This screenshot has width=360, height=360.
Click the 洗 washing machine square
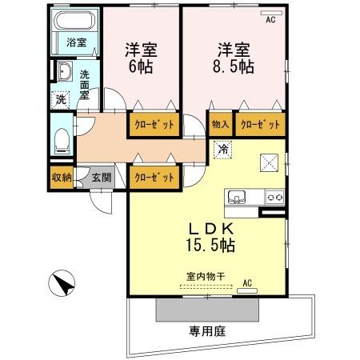pyautogui.click(x=62, y=100)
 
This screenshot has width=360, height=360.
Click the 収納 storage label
pyautogui.click(x=62, y=178)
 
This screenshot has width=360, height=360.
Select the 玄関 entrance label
pyautogui.click(x=101, y=178)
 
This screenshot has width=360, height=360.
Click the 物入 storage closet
pyautogui.click(x=221, y=125)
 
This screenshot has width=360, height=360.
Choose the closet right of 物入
pyautogui.click(x=261, y=125)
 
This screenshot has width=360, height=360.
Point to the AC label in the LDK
pyautogui.click(x=247, y=282)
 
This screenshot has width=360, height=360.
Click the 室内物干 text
pyautogui.click(x=206, y=275)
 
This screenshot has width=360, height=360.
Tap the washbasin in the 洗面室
pyautogui.click(x=64, y=74)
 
